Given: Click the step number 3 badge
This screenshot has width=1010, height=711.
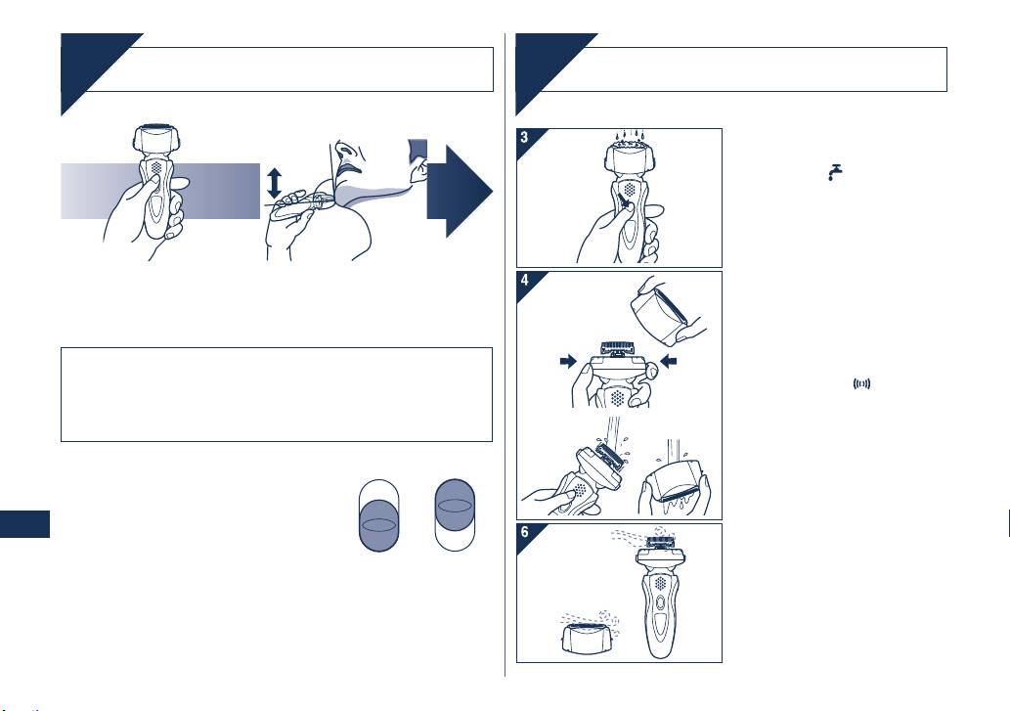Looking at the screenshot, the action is [525, 137].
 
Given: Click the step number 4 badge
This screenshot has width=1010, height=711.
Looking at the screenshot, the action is [525, 280].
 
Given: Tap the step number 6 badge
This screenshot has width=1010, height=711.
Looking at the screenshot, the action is [525, 532].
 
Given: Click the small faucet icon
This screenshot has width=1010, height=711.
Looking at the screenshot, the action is [835, 172].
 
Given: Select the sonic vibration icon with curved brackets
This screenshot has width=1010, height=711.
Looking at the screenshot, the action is [861, 383].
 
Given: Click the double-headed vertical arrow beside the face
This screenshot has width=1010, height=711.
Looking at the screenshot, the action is [275, 183].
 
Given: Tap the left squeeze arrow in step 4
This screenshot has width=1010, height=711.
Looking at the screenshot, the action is [568, 361].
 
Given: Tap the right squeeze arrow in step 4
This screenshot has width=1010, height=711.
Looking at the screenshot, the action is [669, 361].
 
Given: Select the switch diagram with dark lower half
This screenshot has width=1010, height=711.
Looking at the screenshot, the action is [378, 515].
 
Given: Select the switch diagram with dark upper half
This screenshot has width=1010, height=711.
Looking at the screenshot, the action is [455, 514].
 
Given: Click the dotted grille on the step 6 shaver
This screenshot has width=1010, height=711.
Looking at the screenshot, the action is [660, 583].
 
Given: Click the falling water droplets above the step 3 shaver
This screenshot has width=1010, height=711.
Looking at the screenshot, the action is [628, 136].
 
